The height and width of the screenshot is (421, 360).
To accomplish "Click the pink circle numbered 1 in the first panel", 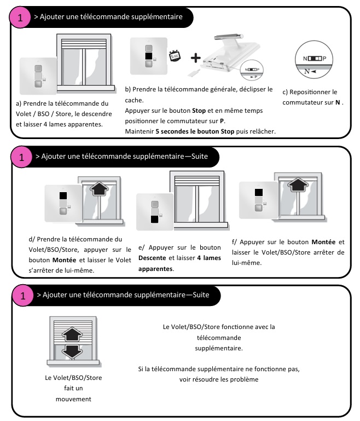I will click(x=21, y=18).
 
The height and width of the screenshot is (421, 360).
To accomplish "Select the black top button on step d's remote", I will click(x=63, y=195).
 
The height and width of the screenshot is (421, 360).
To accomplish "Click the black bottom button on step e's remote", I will click(x=155, y=220).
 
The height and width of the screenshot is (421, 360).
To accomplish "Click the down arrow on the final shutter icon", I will click(x=72, y=350).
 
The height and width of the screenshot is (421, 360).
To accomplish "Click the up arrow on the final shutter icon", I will click(x=72, y=333).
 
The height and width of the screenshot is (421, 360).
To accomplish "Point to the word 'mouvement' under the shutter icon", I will click(x=73, y=399).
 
